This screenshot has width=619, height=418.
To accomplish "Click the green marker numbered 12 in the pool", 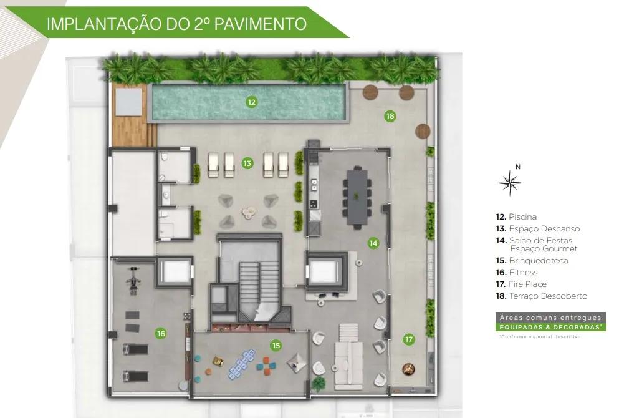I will coord(251,102).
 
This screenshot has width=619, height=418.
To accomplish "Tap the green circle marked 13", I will coord(247,163).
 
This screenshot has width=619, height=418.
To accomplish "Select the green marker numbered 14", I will coord(373,243).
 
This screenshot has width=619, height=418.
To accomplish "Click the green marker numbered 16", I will coord(161,334).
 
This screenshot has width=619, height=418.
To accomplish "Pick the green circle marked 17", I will coord(409,339).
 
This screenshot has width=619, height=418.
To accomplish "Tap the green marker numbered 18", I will coord(390,116).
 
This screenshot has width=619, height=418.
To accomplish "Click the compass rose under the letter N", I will coord(510,183).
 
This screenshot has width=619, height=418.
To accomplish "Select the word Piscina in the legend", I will coord(522,216).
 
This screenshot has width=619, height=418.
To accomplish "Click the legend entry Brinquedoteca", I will coord(538,260).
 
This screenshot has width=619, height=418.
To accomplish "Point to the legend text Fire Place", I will coord(527,284).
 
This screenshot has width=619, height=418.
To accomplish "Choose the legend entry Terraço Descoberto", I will coord(548,296).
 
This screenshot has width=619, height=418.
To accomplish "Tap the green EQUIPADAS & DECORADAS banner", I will coord(550,327).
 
